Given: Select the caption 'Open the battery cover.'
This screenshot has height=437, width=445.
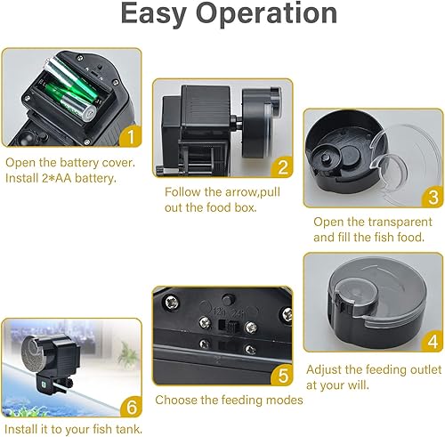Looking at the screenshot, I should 70,163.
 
